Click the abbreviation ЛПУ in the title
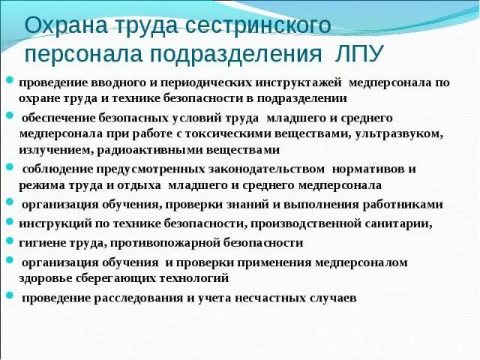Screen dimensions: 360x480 (x=355, y=54)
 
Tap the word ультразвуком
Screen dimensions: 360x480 (x=394, y=133)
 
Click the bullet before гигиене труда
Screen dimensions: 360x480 (x=10, y=241)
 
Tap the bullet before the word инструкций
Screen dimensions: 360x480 (x=10, y=221)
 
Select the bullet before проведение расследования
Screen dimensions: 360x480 (x=10, y=295)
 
